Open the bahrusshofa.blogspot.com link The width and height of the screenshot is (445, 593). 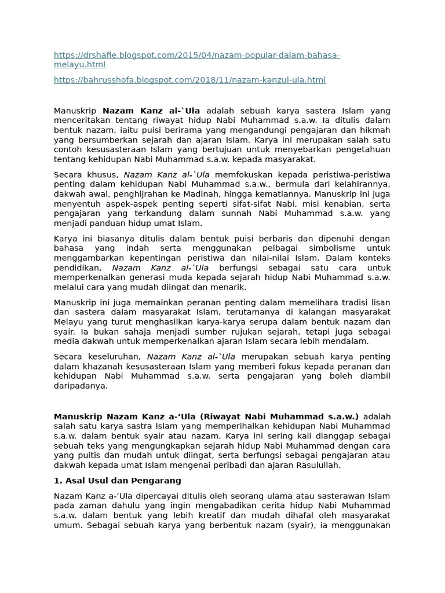point(189,80)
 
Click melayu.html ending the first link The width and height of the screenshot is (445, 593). point(79,65)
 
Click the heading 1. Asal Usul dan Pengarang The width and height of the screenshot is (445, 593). point(118,481)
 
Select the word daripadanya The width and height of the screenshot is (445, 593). point(81,386)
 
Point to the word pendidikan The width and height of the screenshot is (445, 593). point(76,268)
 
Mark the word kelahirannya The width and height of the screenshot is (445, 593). point(361,185)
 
